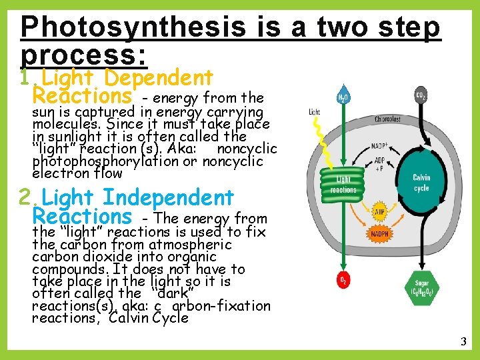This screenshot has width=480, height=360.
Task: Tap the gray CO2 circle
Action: click(x=421, y=95)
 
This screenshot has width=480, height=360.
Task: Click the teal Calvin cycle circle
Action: click(x=421, y=183)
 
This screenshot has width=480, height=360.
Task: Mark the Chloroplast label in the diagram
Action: click(x=387, y=120)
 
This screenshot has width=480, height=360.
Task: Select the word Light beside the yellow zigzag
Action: click(x=314, y=112)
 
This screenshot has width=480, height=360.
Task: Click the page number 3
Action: click(x=463, y=342)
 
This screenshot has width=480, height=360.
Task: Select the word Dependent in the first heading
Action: click(x=159, y=78)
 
